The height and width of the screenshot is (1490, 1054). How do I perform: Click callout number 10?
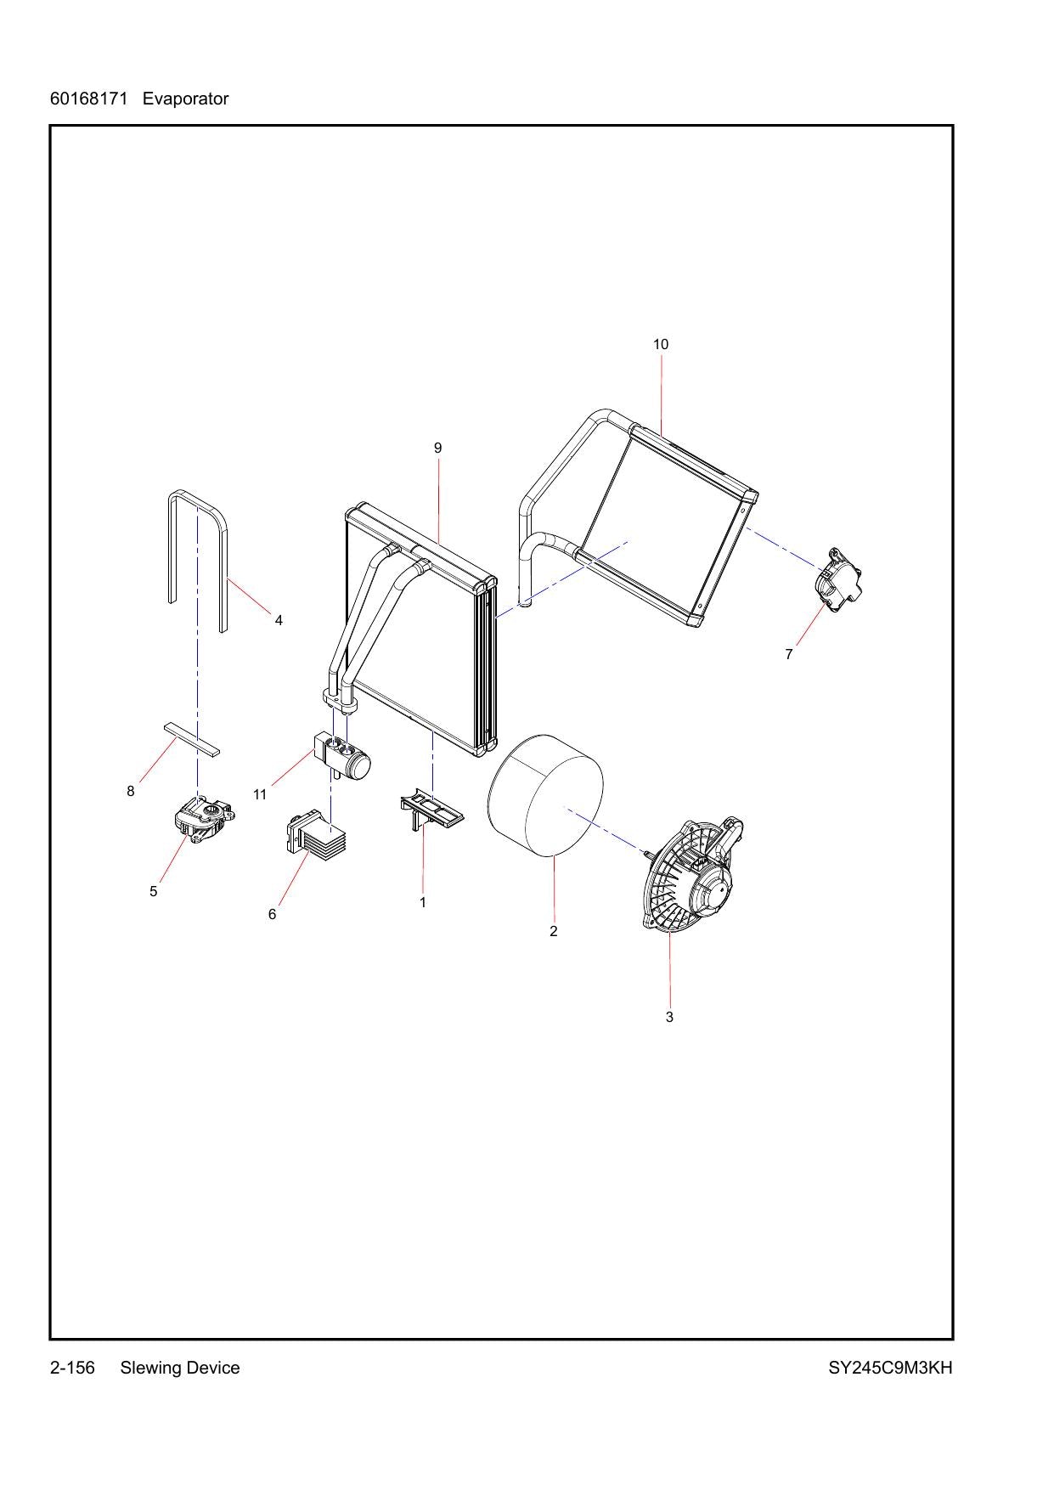tap(661, 344)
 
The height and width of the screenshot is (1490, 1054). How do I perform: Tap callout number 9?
tap(437, 448)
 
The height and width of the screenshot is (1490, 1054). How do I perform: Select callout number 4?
tap(279, 620)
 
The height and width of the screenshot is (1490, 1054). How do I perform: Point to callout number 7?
tap(789, 654)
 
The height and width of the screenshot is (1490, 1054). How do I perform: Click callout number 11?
tap(260, 794)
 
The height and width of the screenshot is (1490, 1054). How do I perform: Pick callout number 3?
tap(669, 1017)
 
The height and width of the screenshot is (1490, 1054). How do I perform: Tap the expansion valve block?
tap(343, 753)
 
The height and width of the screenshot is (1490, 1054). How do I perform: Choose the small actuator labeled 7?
tap(838, 579)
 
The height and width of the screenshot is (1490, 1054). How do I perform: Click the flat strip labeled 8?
tap(191, 739)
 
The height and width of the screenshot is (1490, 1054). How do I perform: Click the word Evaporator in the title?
tap(185, 99)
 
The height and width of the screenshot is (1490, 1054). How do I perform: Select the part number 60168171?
tap(88, 99)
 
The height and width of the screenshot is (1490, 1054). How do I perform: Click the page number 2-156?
tap(73, 1368)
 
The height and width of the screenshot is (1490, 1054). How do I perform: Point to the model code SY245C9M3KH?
tap(890, 1368)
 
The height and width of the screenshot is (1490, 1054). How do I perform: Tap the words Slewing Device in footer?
tap(180, 1368)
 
